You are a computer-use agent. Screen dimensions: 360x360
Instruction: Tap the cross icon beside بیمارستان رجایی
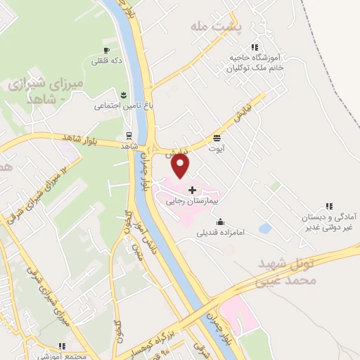(x=192, y=190)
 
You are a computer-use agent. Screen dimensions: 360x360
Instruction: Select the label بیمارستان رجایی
(x=193, y=200)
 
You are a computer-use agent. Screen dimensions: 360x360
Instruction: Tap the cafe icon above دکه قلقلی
(x=106, y=51)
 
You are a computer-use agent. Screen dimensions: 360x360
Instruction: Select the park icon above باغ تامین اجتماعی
(x=124, y=95)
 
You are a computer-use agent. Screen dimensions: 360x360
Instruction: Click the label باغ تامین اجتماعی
(x=120, y=105)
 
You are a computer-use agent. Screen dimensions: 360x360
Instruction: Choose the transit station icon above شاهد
(x=129, y=135)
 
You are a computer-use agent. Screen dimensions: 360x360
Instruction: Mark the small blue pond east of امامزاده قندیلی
(x=265, y=229)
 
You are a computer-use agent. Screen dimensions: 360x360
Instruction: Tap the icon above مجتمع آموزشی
(x=63, y=346)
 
